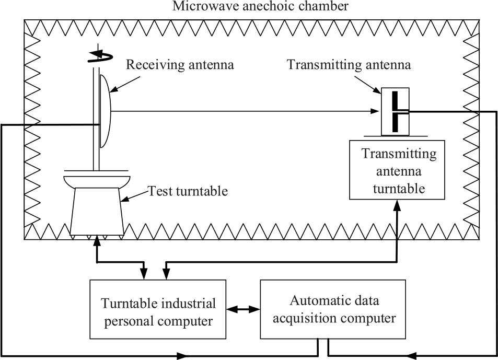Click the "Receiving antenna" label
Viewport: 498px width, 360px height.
coord(180,65)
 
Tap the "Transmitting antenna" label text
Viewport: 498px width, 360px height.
coord(349,65)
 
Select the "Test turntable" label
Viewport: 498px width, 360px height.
coord(188,191)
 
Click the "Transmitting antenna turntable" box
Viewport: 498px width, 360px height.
coord(399,170)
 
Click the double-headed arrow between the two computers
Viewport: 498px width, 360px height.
coord(244,309)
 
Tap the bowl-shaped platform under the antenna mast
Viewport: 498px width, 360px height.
coord(97,181)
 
